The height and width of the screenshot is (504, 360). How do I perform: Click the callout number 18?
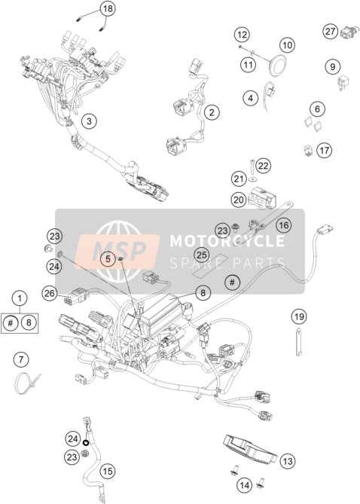point(108,8)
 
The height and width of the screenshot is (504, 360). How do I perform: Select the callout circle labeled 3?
point(89,121)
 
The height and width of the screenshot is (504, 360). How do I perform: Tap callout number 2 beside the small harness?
point(212,112)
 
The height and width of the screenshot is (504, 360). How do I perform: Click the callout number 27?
point(331,32)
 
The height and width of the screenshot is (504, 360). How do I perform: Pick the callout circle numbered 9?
point(332,66)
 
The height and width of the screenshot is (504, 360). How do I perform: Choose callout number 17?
point(325,150)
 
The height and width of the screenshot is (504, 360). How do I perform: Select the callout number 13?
point(287,461)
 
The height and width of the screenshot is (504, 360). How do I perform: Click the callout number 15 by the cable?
point(108,471)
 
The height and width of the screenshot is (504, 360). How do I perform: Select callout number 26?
point(50,293)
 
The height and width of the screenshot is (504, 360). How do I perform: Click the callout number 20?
point(239,200)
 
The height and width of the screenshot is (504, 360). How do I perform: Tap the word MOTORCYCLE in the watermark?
point(227,241)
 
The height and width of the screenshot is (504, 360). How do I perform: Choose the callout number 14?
point(245,484)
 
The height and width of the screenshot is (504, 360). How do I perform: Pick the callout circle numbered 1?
point(20,298)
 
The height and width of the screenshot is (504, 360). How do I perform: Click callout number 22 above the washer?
point(263,166)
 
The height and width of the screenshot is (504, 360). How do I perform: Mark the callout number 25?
point(202,255)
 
